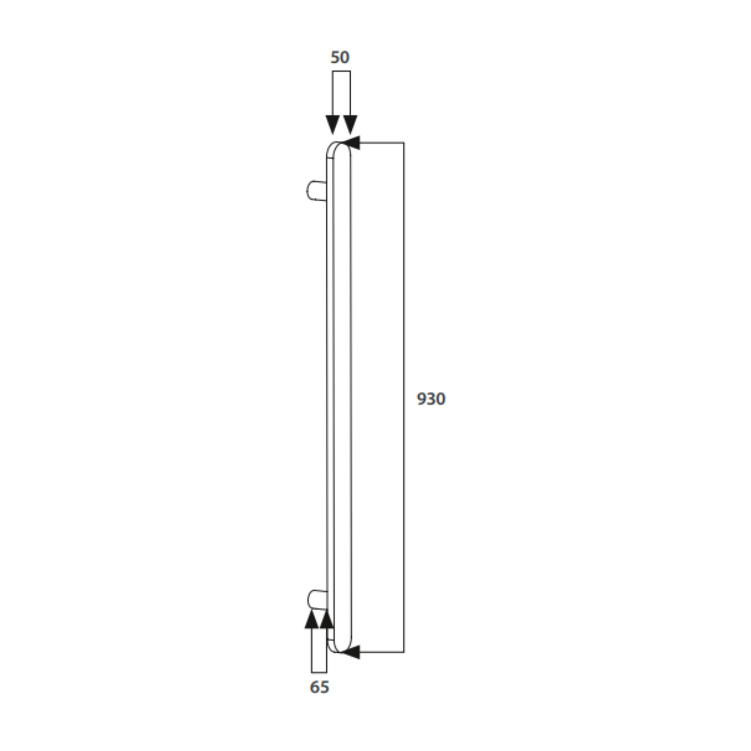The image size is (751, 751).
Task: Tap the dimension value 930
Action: (x=431, y=399)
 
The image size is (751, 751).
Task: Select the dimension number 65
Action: (x=319, y=687)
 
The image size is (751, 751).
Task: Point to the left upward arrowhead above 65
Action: (x=311, y=619)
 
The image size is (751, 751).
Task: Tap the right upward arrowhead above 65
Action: (x=326, y=619)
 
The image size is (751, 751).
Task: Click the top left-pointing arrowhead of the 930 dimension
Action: (x=351, y=143)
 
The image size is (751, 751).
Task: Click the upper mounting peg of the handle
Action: (x=316, y=191)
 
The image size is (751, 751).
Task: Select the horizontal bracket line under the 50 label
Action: (x=341, y=71)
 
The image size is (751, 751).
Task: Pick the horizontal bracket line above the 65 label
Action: (x=319, y=672)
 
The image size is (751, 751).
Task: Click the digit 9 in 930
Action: (x=421, y=399)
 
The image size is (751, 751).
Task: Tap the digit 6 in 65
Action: (x=315, y=687)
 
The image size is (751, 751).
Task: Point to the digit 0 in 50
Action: (x=345, y=58)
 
